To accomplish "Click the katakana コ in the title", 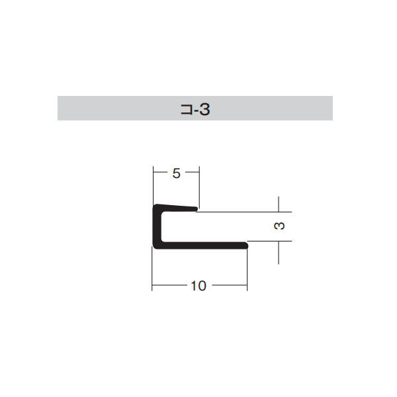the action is tap(187, 110).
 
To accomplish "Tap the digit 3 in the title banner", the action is tap(204, 110).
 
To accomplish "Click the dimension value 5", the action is tap(176, 173).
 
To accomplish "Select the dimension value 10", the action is tap(198, 286).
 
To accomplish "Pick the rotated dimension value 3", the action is tap(279, 226).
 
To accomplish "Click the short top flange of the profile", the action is tap(177, 208).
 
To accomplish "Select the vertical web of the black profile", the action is tap(157, 226).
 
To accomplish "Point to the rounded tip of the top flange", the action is tap(197, 209).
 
